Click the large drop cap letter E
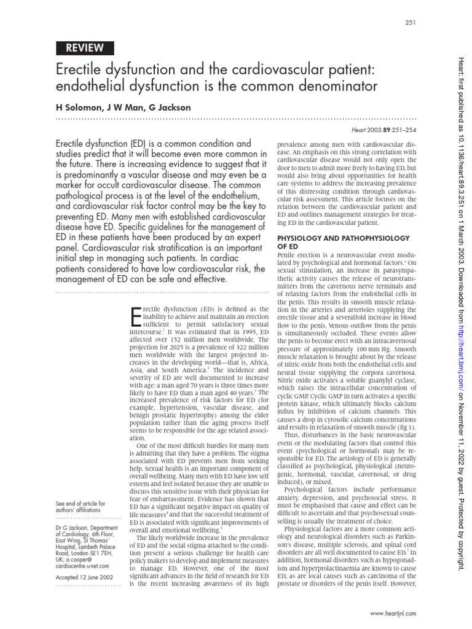pos(137,315)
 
